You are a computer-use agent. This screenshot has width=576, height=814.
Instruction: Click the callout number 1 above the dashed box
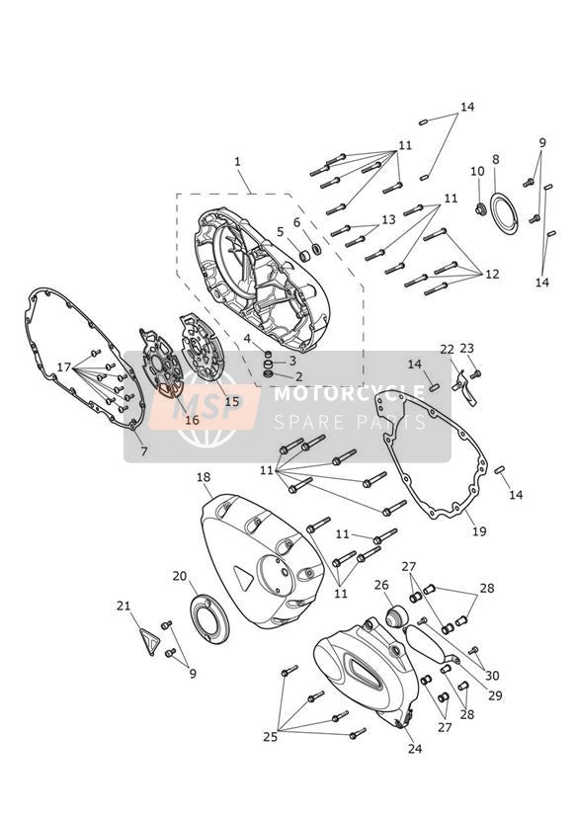coord(237,161)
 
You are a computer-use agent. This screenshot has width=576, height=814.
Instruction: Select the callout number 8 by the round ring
coord(496,159)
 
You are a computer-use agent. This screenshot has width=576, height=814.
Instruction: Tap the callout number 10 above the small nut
coord(477,171)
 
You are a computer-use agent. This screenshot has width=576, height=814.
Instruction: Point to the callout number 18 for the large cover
coord(204,477)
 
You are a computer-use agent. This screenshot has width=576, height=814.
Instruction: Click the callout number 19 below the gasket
coord(479,531)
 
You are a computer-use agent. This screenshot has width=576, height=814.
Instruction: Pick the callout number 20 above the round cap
coord(180,576)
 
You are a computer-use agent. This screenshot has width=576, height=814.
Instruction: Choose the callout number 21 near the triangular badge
coord(123,606)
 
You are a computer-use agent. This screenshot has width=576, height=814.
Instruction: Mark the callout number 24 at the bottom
coord(415,748)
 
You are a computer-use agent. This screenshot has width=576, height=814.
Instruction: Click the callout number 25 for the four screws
coord(270,737)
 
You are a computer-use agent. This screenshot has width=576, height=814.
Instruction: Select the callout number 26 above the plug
coord(381,585)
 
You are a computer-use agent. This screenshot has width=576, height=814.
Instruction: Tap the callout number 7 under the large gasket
coord(144,451)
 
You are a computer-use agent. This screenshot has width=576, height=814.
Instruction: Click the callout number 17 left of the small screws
coord(64,367)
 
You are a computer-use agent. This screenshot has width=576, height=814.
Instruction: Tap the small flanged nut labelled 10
coord(480,209)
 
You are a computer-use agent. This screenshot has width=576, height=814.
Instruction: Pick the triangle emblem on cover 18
coord(243,577)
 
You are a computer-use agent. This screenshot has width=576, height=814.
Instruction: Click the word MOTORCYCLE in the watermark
coord(349,393)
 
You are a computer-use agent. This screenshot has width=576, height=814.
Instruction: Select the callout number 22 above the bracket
coord(447,350)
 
